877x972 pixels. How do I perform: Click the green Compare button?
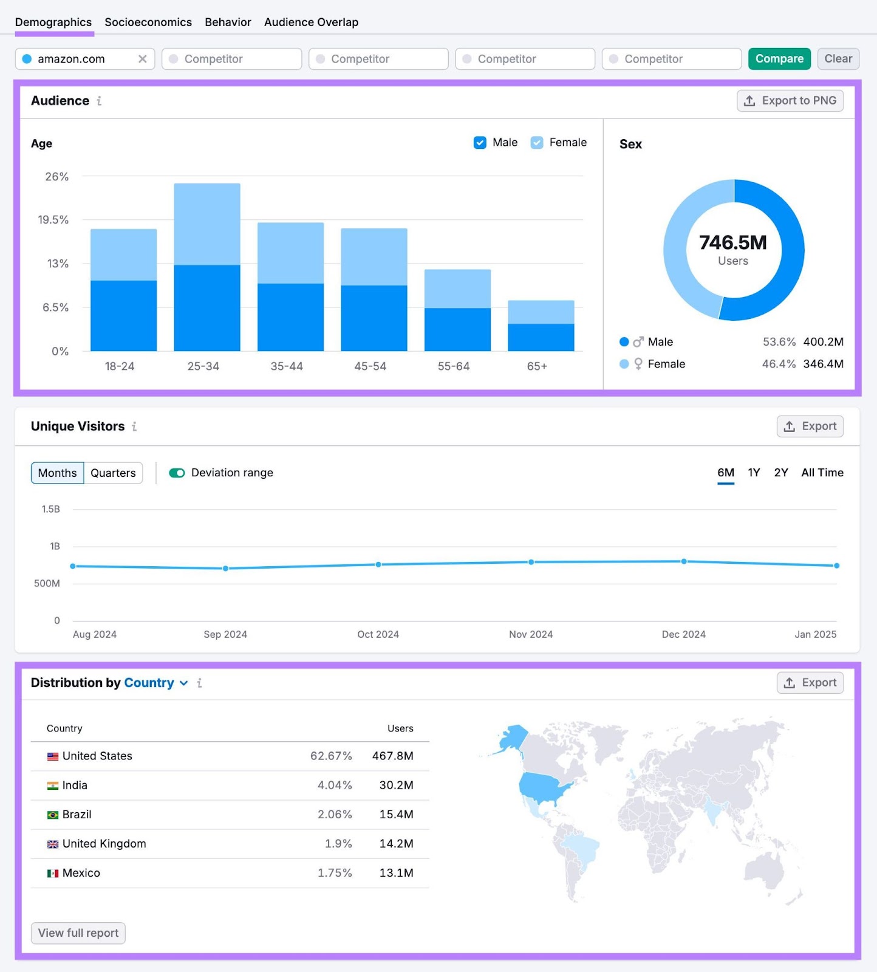pos(779,59)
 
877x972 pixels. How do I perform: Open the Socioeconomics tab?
pos(148,22)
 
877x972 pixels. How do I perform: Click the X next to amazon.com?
pos(143,59)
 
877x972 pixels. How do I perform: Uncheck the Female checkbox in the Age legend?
pos(537,143)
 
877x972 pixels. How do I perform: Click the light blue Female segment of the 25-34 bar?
pos(206,224)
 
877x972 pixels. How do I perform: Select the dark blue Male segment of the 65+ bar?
pos(541,337)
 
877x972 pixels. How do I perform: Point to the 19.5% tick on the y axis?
pos(53,220)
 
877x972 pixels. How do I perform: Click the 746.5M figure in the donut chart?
pos(732,242)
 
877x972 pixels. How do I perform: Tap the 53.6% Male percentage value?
pos(779,342)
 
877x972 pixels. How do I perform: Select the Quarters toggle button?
pos(113,473)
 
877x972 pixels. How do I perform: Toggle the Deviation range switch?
pos(177,473)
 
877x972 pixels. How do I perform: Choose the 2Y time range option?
pos(780,473)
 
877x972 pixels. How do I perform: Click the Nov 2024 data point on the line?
pos(531,562)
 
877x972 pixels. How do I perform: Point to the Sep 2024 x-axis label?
pos(225,634)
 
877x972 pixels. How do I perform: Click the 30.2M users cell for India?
pos(396,785)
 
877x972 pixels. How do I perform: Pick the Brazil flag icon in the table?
pos(53,815)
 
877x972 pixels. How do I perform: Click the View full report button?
pos(78,933)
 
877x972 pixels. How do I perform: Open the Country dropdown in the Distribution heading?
pos(155,683)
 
